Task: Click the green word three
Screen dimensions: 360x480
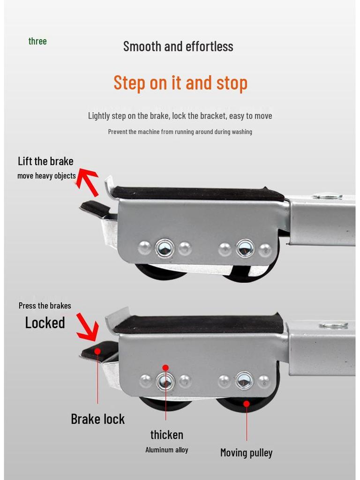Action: click(37, 41)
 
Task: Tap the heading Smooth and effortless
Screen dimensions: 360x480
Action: click(178, 46)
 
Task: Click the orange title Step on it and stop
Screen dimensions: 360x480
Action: click(180, 83)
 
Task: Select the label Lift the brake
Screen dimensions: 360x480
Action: click(45, 161)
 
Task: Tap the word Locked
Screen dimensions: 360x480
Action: click(45, 322)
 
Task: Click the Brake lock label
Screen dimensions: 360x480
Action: click(97, 419)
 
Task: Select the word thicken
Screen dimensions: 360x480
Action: click(167, 435)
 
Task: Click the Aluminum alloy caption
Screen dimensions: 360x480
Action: click(167, 450)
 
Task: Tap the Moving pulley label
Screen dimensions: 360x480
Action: click(247, 452)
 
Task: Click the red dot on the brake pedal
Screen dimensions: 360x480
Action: click(97, 351)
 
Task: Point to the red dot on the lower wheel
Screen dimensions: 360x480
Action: click(247, 404)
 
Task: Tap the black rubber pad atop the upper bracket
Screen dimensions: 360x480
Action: click(197, 193)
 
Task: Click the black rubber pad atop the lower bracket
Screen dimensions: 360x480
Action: click(198, 323)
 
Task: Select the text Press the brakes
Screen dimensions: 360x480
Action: click(45, 306)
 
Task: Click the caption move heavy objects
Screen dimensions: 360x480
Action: click(46, 176)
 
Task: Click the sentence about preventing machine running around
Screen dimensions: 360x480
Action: click(180, 132)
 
